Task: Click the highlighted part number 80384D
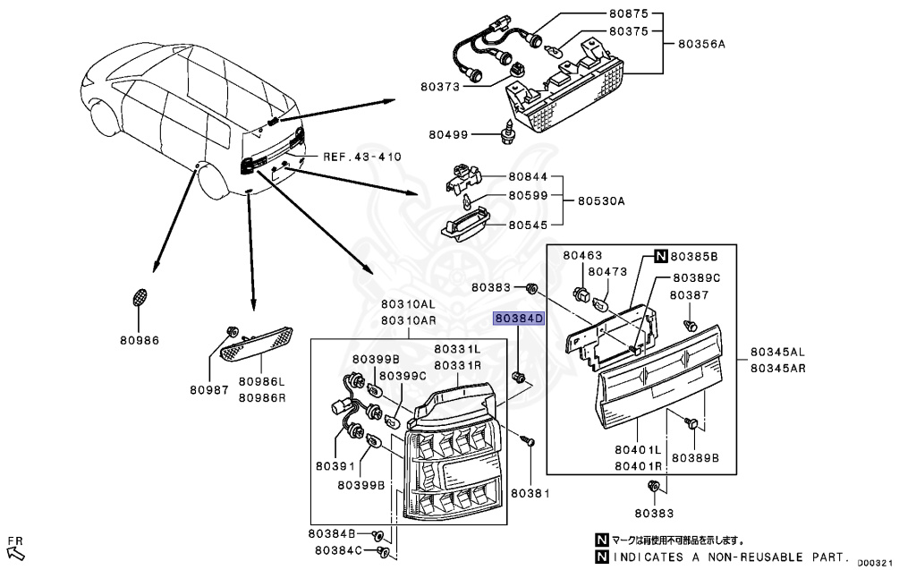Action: [520, 318]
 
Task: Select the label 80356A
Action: [700, 44]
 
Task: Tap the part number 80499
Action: [447, 135]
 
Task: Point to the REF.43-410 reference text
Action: [362, 157]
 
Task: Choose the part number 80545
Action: [527, 225]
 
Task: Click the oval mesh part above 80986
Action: [140, 298]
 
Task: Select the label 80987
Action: [209, 390]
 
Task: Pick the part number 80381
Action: [530, 493]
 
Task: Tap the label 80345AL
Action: [778, 352]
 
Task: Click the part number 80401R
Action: [637, 466]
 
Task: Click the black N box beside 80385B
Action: [660, 256]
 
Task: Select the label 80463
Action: [582, 256]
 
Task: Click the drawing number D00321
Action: [875, 563]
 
